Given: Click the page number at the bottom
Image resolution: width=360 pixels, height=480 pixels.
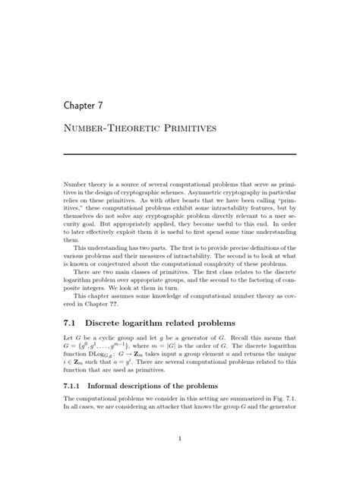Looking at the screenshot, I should (180, 438).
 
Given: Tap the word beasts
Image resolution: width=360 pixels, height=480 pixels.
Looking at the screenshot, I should (184, 207).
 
